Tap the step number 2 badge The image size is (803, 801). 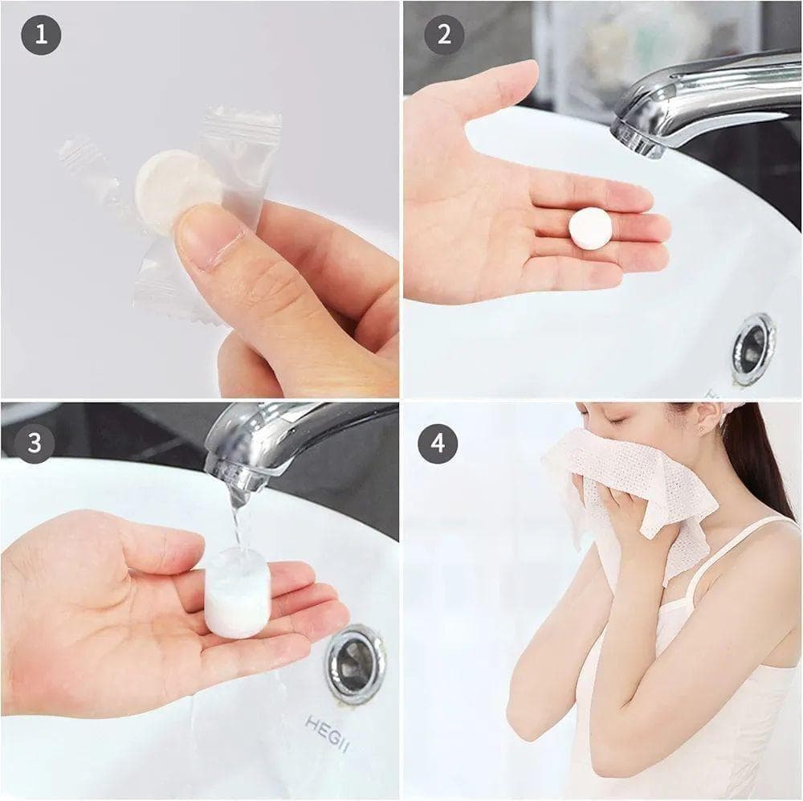coord(444,35)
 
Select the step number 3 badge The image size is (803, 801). coord(35,443)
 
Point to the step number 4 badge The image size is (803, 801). coord(438,443)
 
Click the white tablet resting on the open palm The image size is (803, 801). coord(590,229)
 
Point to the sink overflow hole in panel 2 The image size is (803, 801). coord(753,349)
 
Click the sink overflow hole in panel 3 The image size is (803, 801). coord(354,662)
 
